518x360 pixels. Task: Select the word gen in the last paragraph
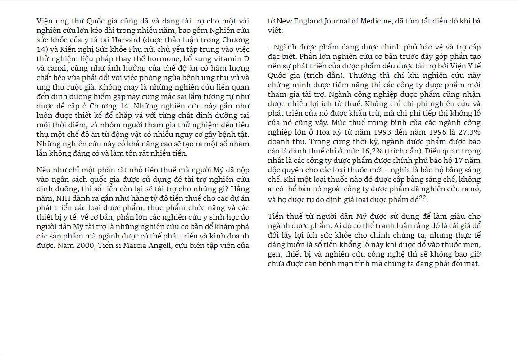point(275,254)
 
